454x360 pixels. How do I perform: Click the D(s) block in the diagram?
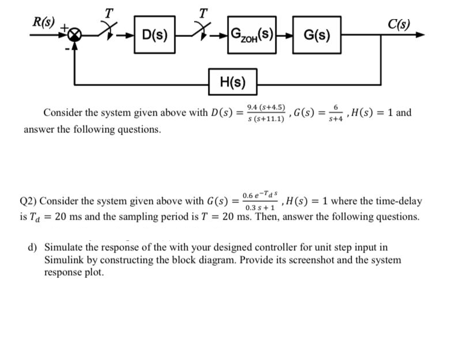[154, 35]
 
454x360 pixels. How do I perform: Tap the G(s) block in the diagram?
[317, 35]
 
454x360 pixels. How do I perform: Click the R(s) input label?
[43, 24]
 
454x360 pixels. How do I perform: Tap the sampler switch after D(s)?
[202, 32]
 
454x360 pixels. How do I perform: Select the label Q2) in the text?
[28, 202]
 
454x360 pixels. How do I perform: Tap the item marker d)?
[34, 247]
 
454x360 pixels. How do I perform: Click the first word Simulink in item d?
[65, 259]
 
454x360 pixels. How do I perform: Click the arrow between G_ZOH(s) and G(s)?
[285, 35]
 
